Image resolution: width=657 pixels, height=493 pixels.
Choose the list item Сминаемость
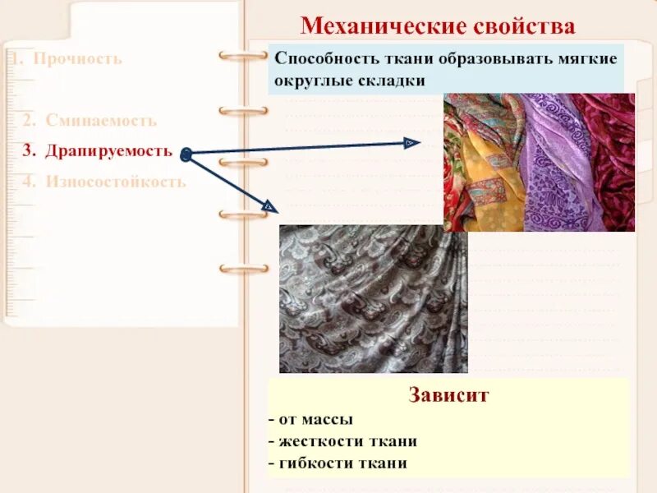click(x=101, y=120)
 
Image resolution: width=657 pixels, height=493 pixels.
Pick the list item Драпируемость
click(x=108, y=151)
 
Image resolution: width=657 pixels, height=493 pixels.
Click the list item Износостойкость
click(x=116, y=182)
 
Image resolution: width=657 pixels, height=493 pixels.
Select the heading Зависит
click(x=448, y=395)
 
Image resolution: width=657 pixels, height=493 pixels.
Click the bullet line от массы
click(x=311, y=419)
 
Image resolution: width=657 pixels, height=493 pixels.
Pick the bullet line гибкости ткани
click(x=342, y=463)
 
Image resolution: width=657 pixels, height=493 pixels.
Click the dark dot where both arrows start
click(x=186, y=153)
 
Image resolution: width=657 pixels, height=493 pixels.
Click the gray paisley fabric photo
click(x=373, y=299)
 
